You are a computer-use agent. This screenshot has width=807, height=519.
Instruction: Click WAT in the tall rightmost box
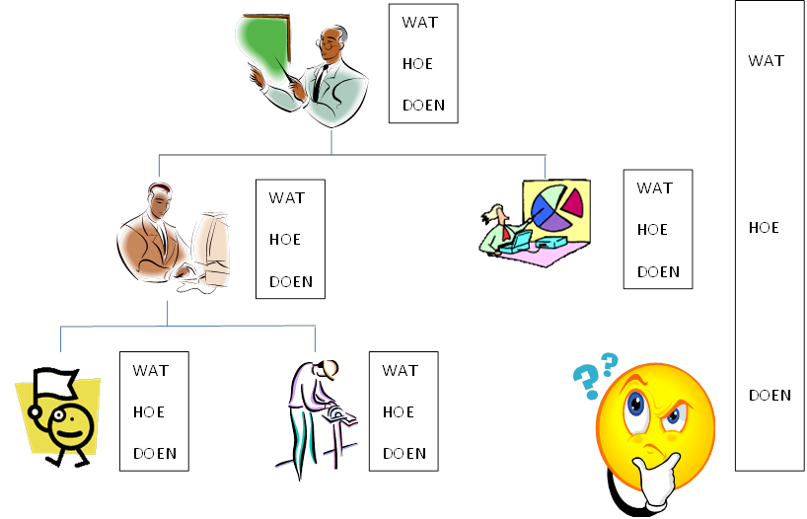coord(766,61)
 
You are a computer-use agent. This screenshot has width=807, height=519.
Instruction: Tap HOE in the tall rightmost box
coord(764,228)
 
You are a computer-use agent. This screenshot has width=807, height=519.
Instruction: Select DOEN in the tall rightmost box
coord(770,396)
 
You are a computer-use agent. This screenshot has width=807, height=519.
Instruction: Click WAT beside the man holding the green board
coord(419,23)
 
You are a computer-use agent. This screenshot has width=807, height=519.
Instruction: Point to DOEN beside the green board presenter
coord(423,106)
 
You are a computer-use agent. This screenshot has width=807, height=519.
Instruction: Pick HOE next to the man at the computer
coord(285,240)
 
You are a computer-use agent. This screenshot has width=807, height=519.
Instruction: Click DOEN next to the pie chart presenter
coord(658,272)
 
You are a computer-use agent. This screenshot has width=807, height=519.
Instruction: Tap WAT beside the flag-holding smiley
coord(151,371)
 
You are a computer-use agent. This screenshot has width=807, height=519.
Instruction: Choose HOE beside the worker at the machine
coord(398,412)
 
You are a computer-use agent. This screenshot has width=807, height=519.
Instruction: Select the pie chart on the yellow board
coord(555,208)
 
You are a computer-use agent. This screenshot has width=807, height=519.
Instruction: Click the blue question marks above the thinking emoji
coord(595,374)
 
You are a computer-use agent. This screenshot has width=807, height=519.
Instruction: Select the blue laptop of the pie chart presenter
coord(515,240)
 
